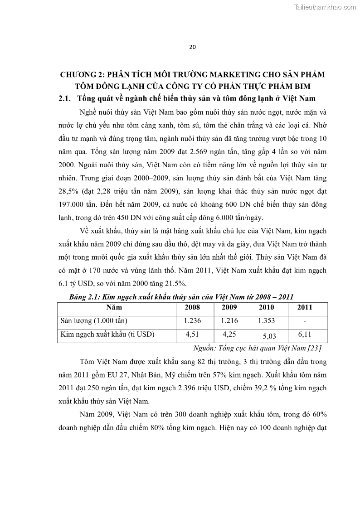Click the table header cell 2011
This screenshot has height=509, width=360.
click(304, 307)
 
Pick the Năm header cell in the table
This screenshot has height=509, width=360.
click(117, 307)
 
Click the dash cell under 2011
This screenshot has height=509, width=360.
click(304, 321)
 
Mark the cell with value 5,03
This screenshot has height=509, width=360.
click(269, 337)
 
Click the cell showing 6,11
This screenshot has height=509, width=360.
click(304, 335)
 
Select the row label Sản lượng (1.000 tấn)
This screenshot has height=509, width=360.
click(94, 321)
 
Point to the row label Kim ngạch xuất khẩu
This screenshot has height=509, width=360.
click(108, 335)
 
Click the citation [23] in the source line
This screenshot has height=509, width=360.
click(314, 348)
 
